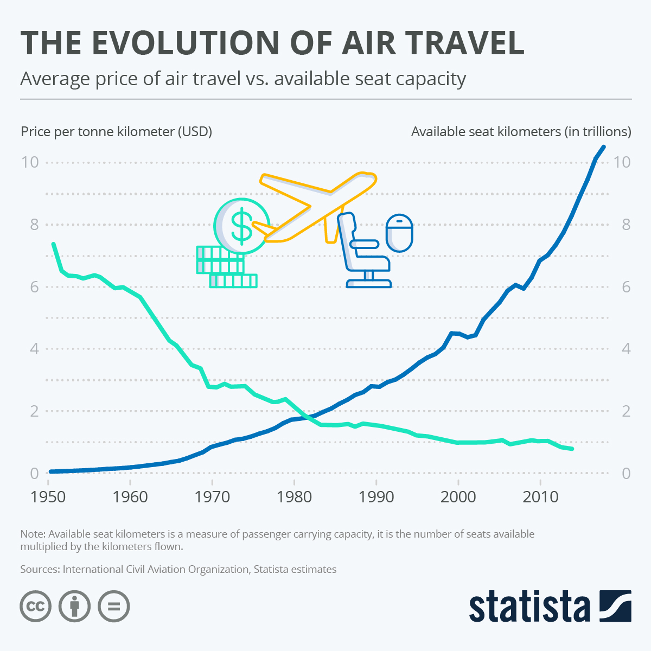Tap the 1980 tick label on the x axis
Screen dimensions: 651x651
(294, 496)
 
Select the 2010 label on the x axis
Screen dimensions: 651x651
(540, 496)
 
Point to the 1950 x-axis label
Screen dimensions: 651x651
(48, 496)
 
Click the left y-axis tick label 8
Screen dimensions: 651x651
(34, 225)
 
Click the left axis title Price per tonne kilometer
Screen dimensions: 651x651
(116, 131)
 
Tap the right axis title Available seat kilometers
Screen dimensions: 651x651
(521, 131)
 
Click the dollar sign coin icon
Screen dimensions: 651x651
(241, 226)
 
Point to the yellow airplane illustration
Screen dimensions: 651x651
(317, 206)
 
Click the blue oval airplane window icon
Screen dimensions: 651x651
(399, 233)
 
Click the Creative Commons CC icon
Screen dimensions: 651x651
(36, 605)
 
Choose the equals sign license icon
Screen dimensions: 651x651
(114, 605)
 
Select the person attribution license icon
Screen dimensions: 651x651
(75, 605)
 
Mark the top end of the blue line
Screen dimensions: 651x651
(603, 147)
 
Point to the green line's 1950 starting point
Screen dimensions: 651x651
(53, 244)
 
